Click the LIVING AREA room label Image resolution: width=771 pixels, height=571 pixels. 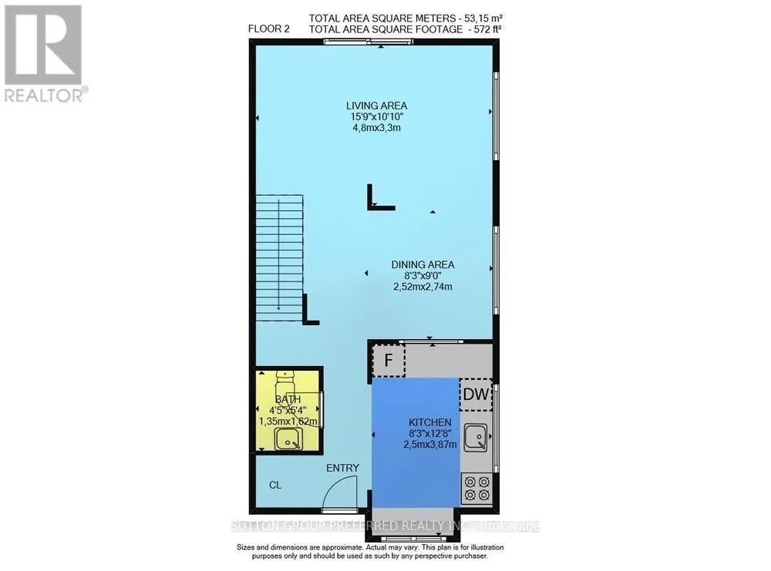[376, 106]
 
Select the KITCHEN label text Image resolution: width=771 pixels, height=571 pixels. [431, 422]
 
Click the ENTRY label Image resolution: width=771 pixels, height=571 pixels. [342, 468]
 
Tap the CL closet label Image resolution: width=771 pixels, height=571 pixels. [274, 485]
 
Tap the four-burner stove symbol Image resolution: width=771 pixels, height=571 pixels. [476, 488]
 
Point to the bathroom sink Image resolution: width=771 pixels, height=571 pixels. [290, 440]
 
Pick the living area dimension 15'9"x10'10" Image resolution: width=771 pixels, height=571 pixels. [376, 116]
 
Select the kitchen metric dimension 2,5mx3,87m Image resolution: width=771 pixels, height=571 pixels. [431, 444]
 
